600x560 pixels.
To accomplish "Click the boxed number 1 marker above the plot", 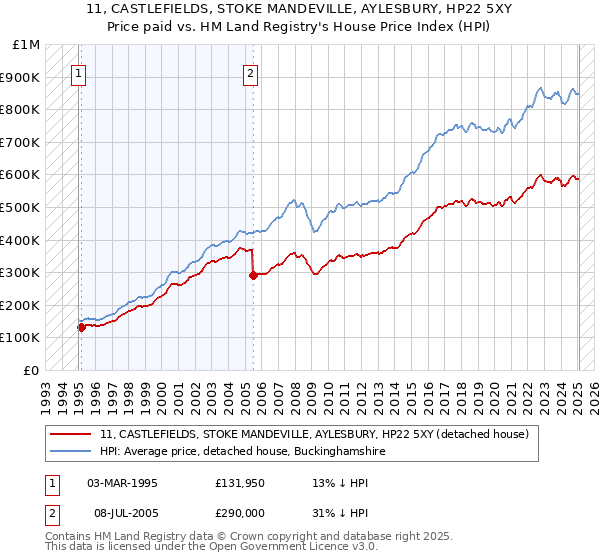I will click(x=78, y=72).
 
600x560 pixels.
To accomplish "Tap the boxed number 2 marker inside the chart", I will click(x=250, y=72).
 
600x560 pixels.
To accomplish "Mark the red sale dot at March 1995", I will click(x=81, y=327).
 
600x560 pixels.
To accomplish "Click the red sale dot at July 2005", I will click(x=253, y=275).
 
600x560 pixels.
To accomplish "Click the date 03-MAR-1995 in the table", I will click(x=123, y=482).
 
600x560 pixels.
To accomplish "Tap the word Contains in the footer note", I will click(x=71, y=537).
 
